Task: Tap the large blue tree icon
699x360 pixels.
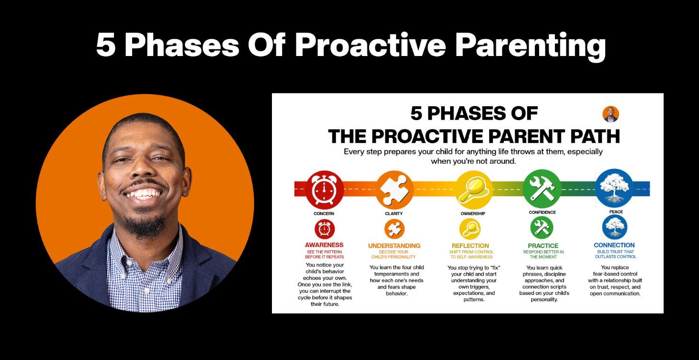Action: pyautogui.click(x=614, y=188)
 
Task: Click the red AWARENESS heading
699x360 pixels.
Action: pyautogui.click(x=324, y=245)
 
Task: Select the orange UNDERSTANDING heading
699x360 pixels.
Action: pyautogui.click(x=394, y=246)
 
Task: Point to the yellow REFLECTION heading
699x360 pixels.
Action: pyautogui.click(x=470, y=246)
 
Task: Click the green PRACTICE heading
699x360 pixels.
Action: pyautogui.click(x=543, y=246)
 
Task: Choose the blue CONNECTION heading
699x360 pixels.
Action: pyautogui.click(x=614, y=245)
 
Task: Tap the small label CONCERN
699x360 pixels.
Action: pyautogui.click(x=324, y=214)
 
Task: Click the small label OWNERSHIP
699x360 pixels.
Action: pyautogui.click(x=473, y=214)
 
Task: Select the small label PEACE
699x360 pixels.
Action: pyautogui.click(x=616, y=212)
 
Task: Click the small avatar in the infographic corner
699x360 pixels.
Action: pyautogui.click(x=610, y=114)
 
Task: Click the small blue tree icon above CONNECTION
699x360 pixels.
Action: pyautogui.click(x=614, y=227)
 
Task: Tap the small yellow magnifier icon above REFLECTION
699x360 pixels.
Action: pyautogui.click(x=470, y=228)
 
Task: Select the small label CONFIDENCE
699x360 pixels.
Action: pyautogui.click(x=542, y=213)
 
